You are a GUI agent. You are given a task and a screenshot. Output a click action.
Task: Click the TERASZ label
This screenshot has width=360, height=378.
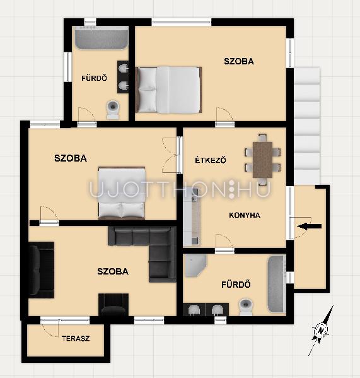[76, 338]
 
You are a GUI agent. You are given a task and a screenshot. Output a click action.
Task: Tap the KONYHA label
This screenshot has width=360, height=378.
[245, 215]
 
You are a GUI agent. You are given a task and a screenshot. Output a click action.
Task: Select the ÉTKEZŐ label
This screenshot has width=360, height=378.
[211, 160]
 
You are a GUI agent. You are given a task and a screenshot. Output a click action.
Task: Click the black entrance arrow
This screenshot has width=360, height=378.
[309, 227]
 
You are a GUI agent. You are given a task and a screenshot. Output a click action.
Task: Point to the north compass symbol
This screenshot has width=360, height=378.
[321, 331]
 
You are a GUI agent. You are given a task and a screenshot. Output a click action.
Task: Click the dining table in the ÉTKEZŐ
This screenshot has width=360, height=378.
[262, 160]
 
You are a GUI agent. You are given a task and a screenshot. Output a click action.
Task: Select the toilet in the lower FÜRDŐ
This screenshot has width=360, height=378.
[246, 307]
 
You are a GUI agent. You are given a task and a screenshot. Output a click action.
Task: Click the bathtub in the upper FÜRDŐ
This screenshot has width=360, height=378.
[102, 38]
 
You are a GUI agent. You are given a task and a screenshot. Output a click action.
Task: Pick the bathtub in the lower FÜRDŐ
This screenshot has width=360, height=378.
[277, 285]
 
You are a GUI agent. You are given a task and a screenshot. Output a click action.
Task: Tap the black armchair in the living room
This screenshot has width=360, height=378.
[113, 304]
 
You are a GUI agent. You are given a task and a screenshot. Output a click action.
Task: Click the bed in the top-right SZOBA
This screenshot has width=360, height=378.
[168, 90]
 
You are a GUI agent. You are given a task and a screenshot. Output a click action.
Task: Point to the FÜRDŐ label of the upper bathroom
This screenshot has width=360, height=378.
[94, 78]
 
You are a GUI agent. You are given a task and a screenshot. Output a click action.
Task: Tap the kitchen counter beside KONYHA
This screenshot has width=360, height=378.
[192, 216]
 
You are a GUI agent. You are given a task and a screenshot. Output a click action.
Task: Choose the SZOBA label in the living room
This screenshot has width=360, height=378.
[113, 271]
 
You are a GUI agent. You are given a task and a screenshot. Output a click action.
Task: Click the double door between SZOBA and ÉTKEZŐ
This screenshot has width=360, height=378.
[170, 155]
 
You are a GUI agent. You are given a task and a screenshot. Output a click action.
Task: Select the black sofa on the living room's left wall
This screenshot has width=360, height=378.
[42, 270]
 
